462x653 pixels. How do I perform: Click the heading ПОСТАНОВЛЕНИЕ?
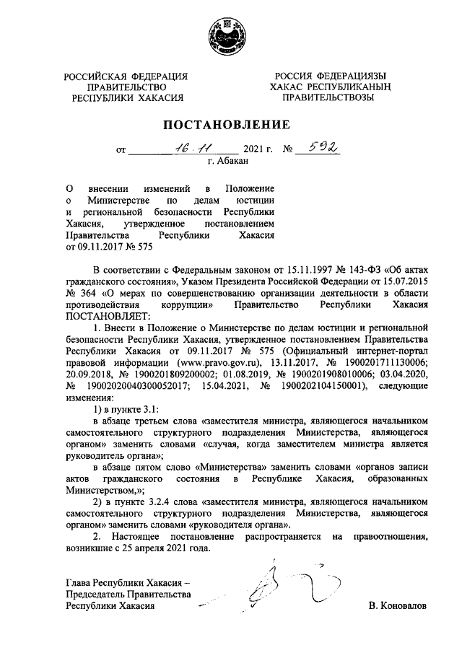click(230, 126)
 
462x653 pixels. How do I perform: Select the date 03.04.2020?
click(403, 374)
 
